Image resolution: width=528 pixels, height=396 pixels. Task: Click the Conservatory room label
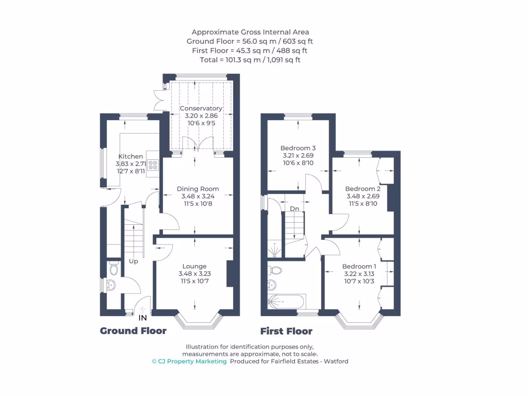tap(201, 108)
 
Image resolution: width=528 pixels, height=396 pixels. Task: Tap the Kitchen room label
tap(130, 156)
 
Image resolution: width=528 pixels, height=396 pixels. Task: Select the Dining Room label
tap(198, 189)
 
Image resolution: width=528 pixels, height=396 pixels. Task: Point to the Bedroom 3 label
tap(298, 147)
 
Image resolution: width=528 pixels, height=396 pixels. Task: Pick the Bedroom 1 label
tap(359, 266)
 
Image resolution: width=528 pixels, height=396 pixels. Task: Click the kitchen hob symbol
tap(153, 165)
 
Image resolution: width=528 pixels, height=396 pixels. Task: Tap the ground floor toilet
tap(114, 269)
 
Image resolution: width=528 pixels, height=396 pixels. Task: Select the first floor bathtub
tap(285, 302)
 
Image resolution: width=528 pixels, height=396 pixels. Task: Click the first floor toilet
tap(275, 270)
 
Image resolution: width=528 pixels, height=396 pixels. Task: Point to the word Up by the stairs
tap(134, 261)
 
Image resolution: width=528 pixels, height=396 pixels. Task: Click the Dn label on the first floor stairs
tap(294, 209)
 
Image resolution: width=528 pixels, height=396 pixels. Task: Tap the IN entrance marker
tap(143, 318)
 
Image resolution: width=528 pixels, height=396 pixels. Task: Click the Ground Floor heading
tap(133, 331)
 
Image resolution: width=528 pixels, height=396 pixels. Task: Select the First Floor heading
tap(286, 331)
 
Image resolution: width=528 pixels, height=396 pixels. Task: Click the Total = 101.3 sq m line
tap(250, 60)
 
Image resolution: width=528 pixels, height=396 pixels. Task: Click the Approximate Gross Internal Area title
tap(250, 32)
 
